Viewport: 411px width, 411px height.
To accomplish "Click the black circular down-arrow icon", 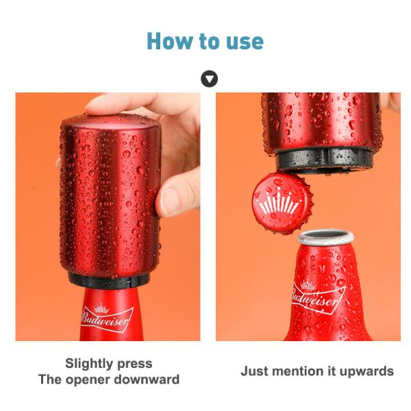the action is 209,79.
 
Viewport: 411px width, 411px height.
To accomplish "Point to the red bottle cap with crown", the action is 282,203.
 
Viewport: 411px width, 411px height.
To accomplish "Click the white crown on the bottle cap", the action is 279,201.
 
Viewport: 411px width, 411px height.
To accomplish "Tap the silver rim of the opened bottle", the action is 326,238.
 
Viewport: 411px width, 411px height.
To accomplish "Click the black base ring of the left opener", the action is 108,281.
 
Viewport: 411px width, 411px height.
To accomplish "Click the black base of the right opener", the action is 325,160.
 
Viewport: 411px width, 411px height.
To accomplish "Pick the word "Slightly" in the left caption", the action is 89,364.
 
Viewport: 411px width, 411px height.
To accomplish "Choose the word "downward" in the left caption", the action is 147,379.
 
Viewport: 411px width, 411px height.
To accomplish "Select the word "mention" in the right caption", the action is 297,371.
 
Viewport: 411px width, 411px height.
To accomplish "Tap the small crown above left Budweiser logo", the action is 101,309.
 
